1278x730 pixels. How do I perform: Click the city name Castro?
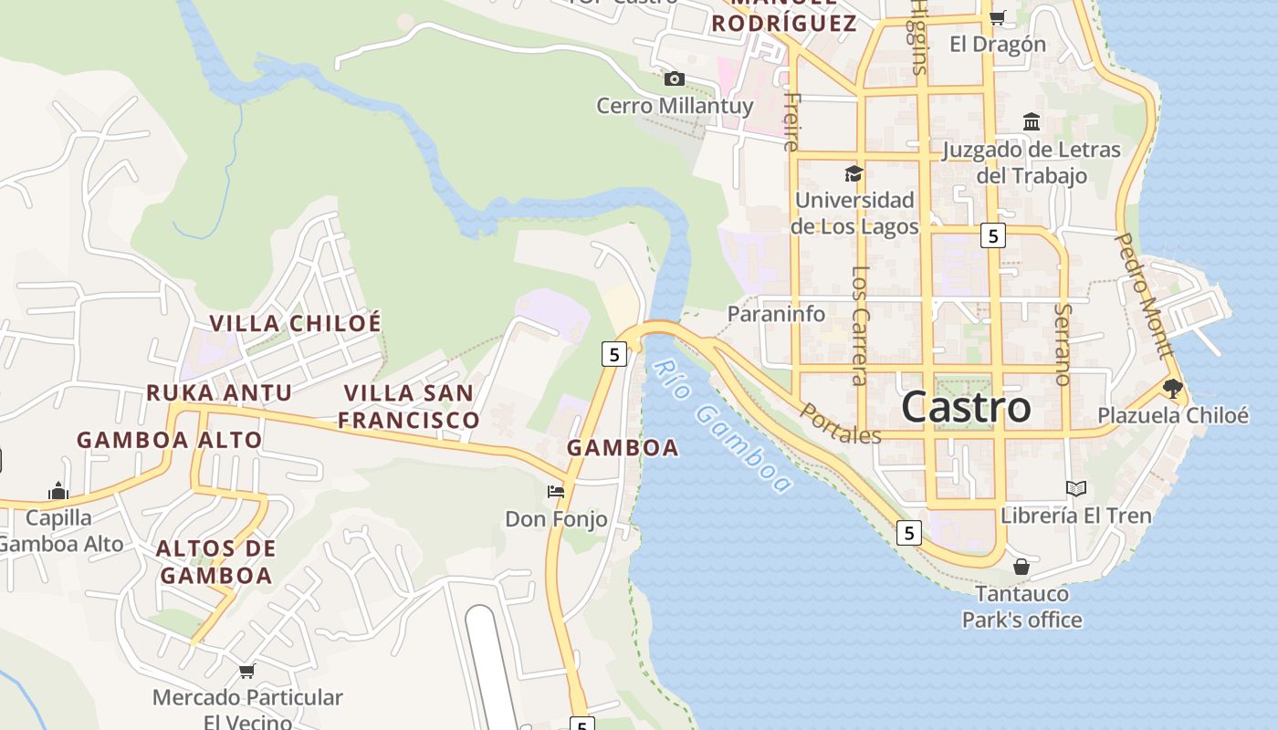pos(966,407)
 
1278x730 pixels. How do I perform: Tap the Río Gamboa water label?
pos(721,427)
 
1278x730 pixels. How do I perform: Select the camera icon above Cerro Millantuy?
pos(675,78)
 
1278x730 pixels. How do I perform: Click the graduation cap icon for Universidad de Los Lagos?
pos(854,173)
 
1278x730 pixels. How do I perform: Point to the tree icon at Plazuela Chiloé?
pos(1173,389)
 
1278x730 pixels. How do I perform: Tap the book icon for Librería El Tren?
pos(1076,489)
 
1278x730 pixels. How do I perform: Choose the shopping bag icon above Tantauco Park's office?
pos(1021,567)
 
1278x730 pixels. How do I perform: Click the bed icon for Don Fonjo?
pos(556,492)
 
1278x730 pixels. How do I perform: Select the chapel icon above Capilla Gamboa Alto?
pos(58,491)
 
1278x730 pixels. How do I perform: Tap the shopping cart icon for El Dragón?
pos(998,17)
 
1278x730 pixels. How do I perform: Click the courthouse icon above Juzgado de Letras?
pos(1032,121)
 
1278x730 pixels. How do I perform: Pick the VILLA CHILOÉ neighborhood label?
pos(296,323)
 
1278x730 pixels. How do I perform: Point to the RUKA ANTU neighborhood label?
pos(219,393)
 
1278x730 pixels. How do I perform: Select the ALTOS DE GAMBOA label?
pos(216,562)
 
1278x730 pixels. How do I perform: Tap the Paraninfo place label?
pos(776,314)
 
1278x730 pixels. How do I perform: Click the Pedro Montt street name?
pos(1144,296)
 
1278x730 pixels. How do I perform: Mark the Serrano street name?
pos(1062,344)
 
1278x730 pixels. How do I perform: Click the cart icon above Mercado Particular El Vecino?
pos(246,672)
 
